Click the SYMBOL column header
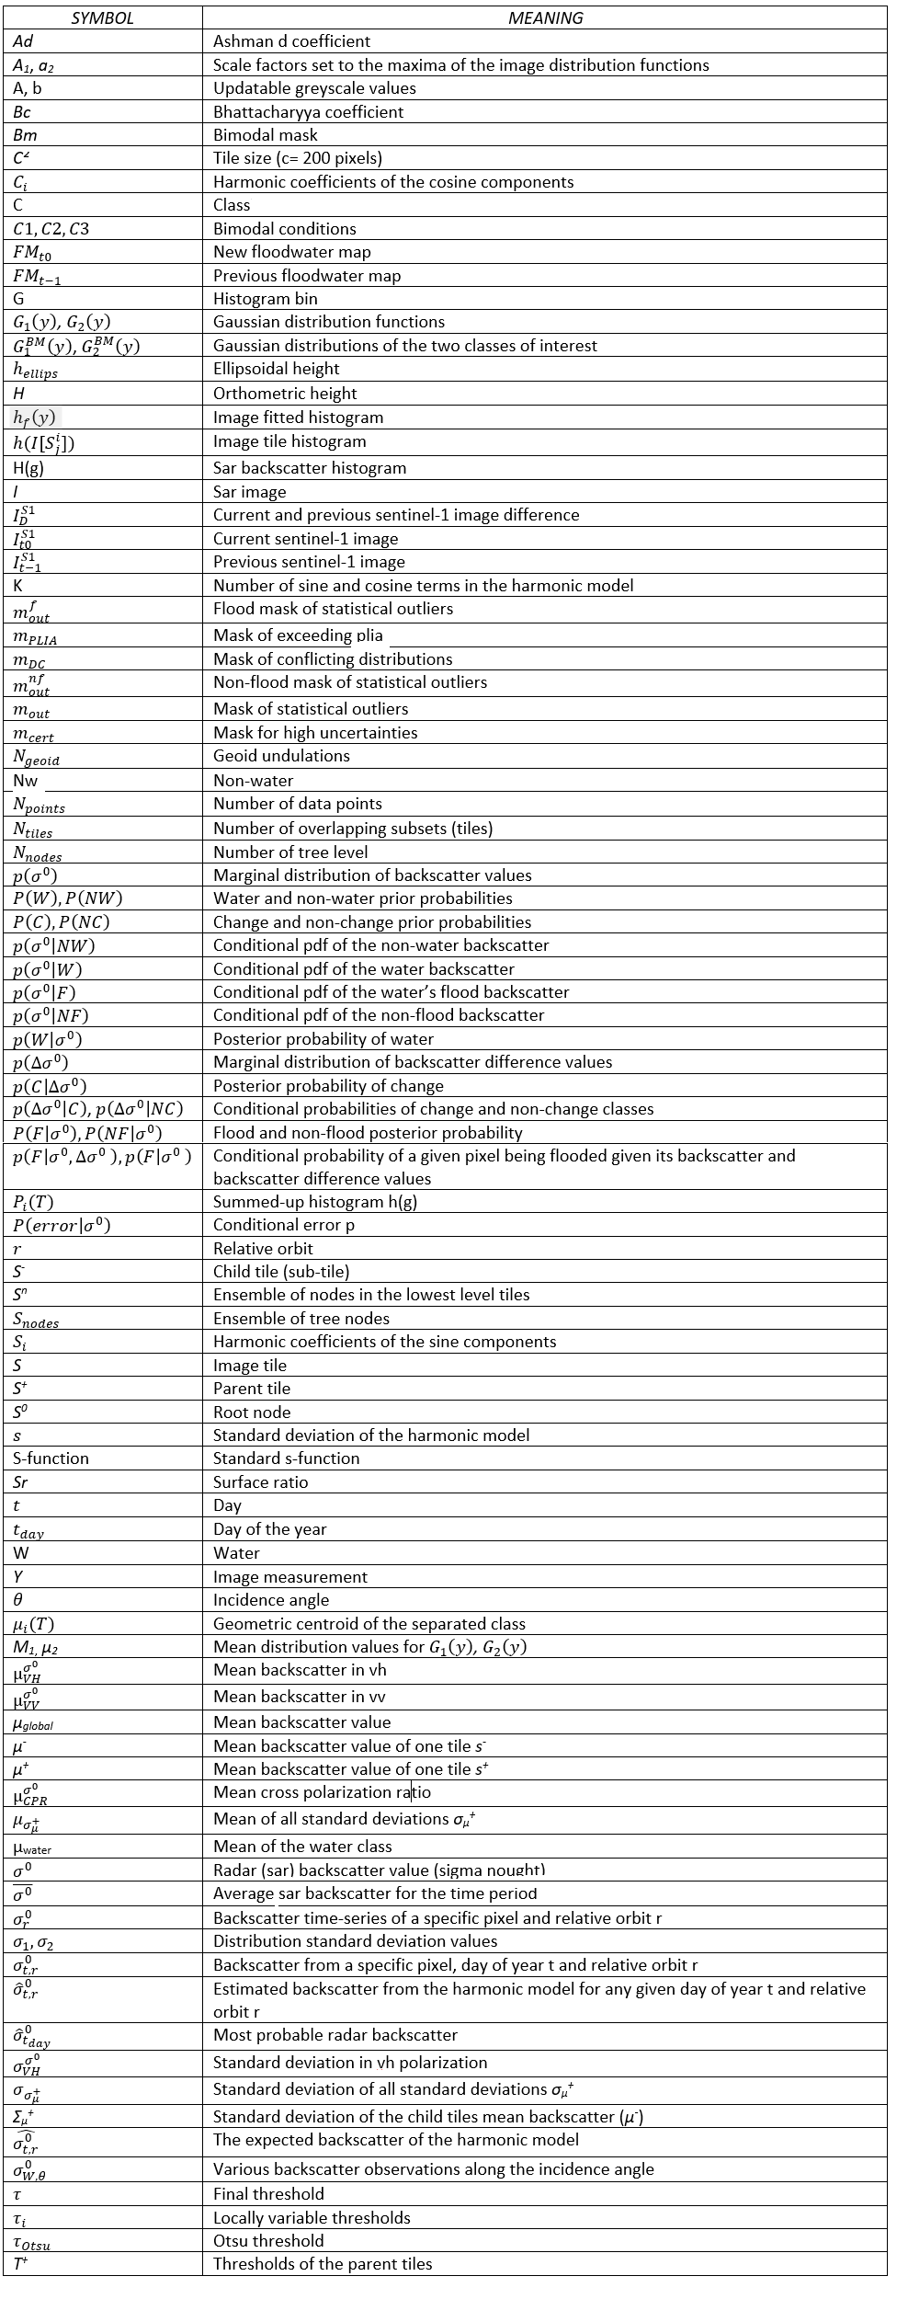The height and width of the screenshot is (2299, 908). pos(102,17)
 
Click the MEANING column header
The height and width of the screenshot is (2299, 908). pos(545,17)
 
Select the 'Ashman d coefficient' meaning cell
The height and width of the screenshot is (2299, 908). pos(291,41)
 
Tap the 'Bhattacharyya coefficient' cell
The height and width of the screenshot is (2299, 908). pos(308,112)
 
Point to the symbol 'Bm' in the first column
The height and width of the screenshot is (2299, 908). pos(25,135)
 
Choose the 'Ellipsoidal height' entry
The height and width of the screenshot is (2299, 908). pos(276,369)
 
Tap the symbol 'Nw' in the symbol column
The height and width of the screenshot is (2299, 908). pos(25,781)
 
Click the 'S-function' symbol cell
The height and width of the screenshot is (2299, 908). pos(51,1458)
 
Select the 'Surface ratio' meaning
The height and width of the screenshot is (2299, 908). pos(260,1482)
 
